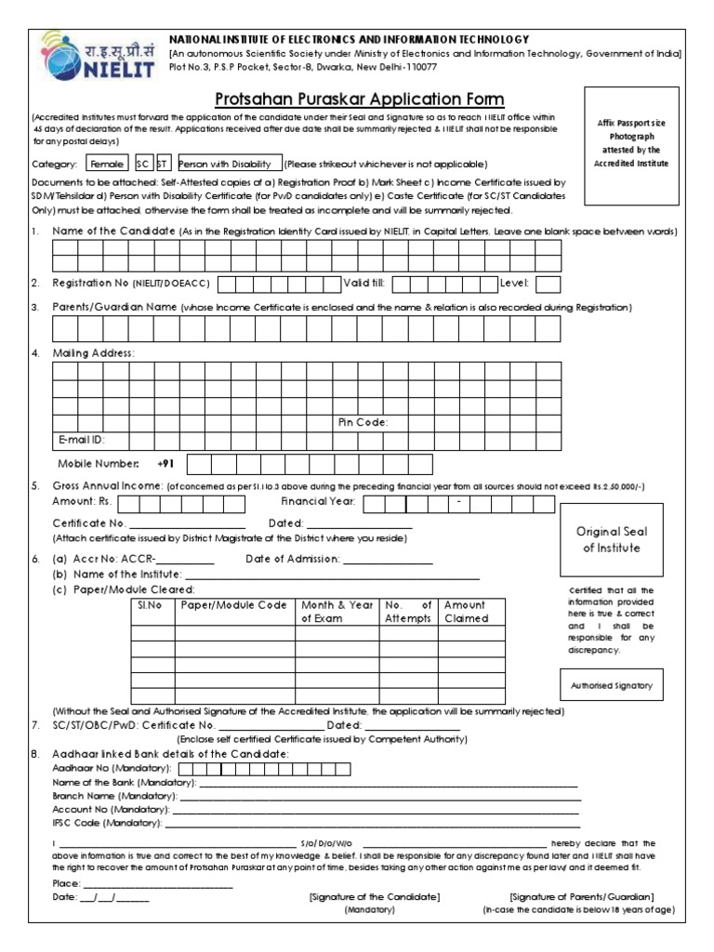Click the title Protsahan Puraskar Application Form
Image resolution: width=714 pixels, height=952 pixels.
point(360,99)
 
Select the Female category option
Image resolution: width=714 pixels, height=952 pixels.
point(105,162)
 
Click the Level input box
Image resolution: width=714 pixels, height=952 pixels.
point(548,284)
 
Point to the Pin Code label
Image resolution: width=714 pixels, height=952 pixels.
point(363,422)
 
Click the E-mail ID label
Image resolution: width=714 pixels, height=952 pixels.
point(81,439)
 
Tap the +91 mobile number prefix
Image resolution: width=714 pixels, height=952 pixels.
point(166,463)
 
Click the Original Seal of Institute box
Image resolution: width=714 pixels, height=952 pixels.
point(612,539)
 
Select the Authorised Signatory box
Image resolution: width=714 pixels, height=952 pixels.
point(612,685)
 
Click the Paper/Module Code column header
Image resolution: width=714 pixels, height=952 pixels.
point(234,605)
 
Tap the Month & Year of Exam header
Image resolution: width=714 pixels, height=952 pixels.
point(336,612)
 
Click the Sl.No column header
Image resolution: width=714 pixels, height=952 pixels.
point(150,605)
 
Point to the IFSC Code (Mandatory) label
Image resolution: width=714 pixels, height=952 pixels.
point(106,823)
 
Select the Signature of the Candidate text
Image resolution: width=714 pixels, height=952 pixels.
point(375,896)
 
